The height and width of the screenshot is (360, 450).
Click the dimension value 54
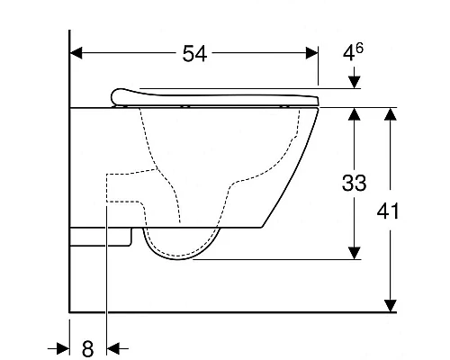click(194, 54)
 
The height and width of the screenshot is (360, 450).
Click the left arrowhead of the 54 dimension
click(77, 54)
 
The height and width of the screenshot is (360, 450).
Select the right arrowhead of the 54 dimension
click(311, 54)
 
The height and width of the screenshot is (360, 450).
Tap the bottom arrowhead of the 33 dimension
click(356, 255)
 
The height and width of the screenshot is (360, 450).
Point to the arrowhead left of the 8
click(64, 347)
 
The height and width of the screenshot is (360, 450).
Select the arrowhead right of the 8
click(113, 347)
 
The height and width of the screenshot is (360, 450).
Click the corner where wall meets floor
click(70, 312)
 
